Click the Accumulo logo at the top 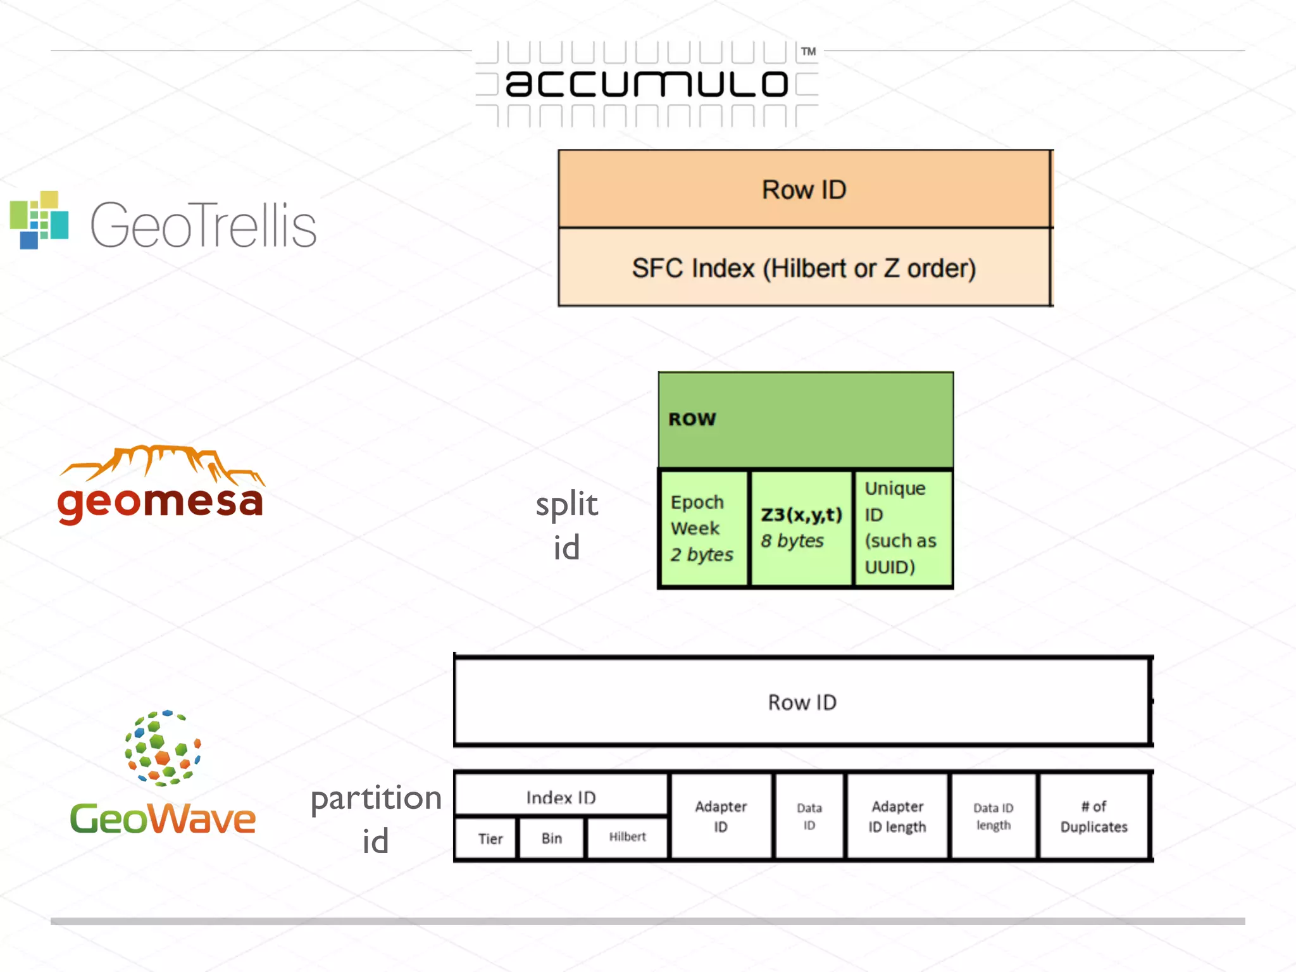click(x=647, y=84)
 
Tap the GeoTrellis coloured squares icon click(x=39, y=220)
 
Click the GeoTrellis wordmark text click(x=203, y=226)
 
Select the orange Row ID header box click(x=804, y=189)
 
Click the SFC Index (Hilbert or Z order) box click(x=804, y=268)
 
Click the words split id click(x=566, y=525)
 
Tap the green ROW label click(x=692, y=419)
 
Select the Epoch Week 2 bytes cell click(x=702, y=528)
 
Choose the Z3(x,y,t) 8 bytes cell click(x=801, y=527)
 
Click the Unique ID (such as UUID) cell click(x=901, y=528)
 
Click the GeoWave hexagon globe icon click(x=163, y=748)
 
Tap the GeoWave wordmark click(x=163, y=819)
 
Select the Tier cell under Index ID click(x=490, y=838)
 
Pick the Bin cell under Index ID click(x=552, y=838)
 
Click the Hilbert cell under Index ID click(x=627, y=837)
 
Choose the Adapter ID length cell click(x=897, y=816)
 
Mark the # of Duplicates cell click(x=1093, y=816)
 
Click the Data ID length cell click(x=993, y=816)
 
